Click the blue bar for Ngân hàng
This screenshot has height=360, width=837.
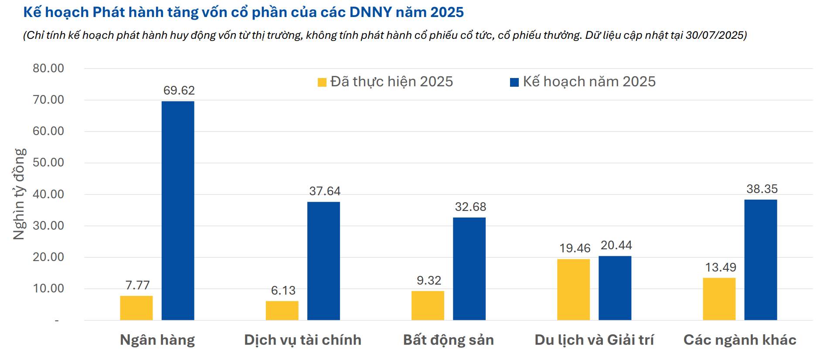178,211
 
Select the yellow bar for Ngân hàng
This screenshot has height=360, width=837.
136,308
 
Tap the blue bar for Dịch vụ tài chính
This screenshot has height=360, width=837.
323,261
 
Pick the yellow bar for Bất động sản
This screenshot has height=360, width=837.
428,306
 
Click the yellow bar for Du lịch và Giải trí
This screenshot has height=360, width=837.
573,290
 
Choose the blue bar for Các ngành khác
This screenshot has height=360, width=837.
760,260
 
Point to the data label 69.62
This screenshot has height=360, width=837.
179,90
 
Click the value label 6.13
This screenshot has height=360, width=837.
283,290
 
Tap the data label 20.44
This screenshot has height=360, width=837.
616,245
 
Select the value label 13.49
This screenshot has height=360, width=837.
720,267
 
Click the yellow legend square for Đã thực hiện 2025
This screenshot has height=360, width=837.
322,82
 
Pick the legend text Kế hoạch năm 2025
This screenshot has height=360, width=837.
589,82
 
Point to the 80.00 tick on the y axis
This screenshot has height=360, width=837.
48,68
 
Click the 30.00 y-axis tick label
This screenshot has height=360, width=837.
48,226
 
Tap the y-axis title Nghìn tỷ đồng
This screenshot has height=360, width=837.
19,194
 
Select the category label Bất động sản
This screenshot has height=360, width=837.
448,340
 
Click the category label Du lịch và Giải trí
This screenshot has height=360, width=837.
594,340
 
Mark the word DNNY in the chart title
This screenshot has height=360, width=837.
371,12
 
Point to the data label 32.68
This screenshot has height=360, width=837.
470,207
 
